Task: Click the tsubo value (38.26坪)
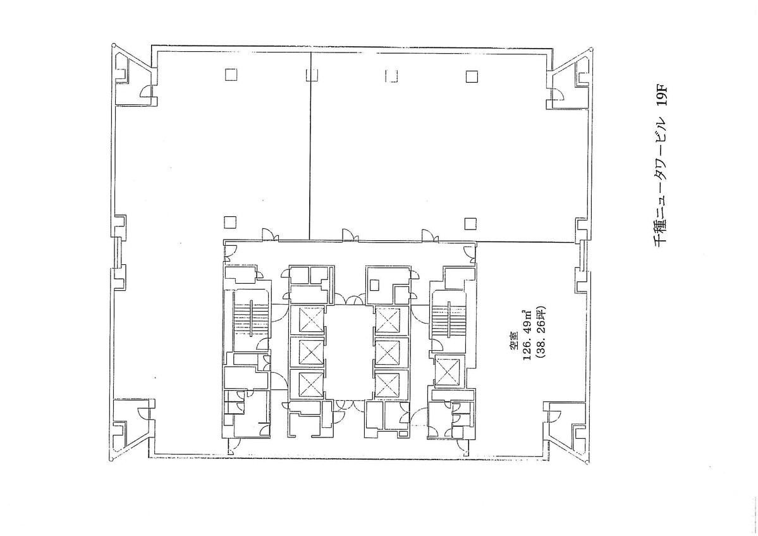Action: click(539, 342)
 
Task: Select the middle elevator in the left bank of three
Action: click(310, 351)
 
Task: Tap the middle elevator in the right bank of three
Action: click(387, 351)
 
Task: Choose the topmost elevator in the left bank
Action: click(310, 319)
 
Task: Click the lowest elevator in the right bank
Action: click(387, 384)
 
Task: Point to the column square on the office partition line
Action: click(312, 75)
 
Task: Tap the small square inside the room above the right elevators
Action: click(375, 284)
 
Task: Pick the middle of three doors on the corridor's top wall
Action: click(348, 235)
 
